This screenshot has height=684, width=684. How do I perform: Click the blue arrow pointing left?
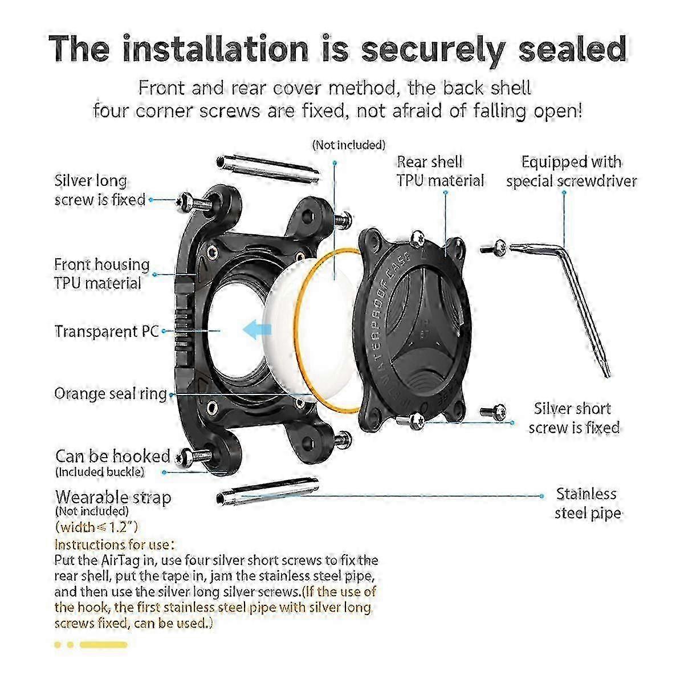(x=257, y=328)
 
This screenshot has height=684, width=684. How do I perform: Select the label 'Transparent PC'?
(x=107, y=331)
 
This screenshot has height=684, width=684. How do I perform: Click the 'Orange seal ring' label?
(x=111, y=393)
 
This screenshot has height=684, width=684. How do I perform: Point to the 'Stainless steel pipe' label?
(x=588, y=503)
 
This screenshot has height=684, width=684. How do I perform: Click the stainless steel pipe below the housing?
(x=267, y=490)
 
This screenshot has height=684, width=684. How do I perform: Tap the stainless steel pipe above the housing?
(x=267, y=169)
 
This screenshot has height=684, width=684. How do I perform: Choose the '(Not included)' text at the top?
(x=349, y=145)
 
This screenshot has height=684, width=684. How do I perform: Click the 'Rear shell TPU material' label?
(x=440, y=171)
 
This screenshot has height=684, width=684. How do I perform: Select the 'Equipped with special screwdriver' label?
(x=572, y=172)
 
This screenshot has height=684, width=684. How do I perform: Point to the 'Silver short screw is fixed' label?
(x=574, y=418)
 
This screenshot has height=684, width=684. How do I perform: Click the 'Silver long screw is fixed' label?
(x=100, y=190)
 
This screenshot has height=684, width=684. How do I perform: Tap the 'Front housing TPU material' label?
(x=102, y=274)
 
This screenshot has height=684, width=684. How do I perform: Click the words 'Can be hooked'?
(x=112, y=456)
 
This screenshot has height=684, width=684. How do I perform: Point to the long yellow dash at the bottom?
(x=103, y=644)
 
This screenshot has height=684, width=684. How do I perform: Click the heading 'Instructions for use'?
(x=115, y=544)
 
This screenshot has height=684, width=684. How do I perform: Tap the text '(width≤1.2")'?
(x=96, y=527)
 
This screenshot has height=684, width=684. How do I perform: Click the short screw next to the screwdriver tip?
(x=494, y=247)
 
